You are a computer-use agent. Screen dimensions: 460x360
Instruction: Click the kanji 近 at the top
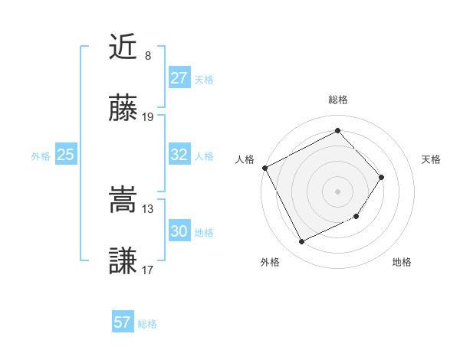coord(123,47)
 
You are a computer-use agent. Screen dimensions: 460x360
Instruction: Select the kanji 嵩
coord(123,200)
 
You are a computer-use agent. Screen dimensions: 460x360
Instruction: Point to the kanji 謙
coord(123,261)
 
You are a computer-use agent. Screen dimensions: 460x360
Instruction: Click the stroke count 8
coord(148,56)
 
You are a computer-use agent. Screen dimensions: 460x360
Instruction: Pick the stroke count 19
coord(148,117)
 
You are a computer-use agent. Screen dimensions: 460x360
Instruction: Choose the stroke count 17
coord(148,270)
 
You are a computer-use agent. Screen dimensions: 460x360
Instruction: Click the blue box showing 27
coord(179,78)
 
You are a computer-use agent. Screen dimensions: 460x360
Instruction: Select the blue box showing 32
coord(179,155)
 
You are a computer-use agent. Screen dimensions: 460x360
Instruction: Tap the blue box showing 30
coord(179,231)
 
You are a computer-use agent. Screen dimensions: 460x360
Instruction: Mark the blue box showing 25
coord(65,155)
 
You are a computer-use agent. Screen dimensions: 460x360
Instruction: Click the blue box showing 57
coord(122,322)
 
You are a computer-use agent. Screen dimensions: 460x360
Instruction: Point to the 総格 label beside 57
coord(147,324)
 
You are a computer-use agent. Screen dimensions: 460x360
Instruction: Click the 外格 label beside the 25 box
coord(41,156)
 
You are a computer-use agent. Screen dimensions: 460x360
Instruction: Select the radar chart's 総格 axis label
coord(337,100)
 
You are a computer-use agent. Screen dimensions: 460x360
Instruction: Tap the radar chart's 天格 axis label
coord(432,159)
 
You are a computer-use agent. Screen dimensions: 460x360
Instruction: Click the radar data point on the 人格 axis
coord(265,168)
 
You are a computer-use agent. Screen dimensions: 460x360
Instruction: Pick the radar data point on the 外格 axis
coord(301,242)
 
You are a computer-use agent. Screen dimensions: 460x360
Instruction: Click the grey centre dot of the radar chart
coord(337,191)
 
